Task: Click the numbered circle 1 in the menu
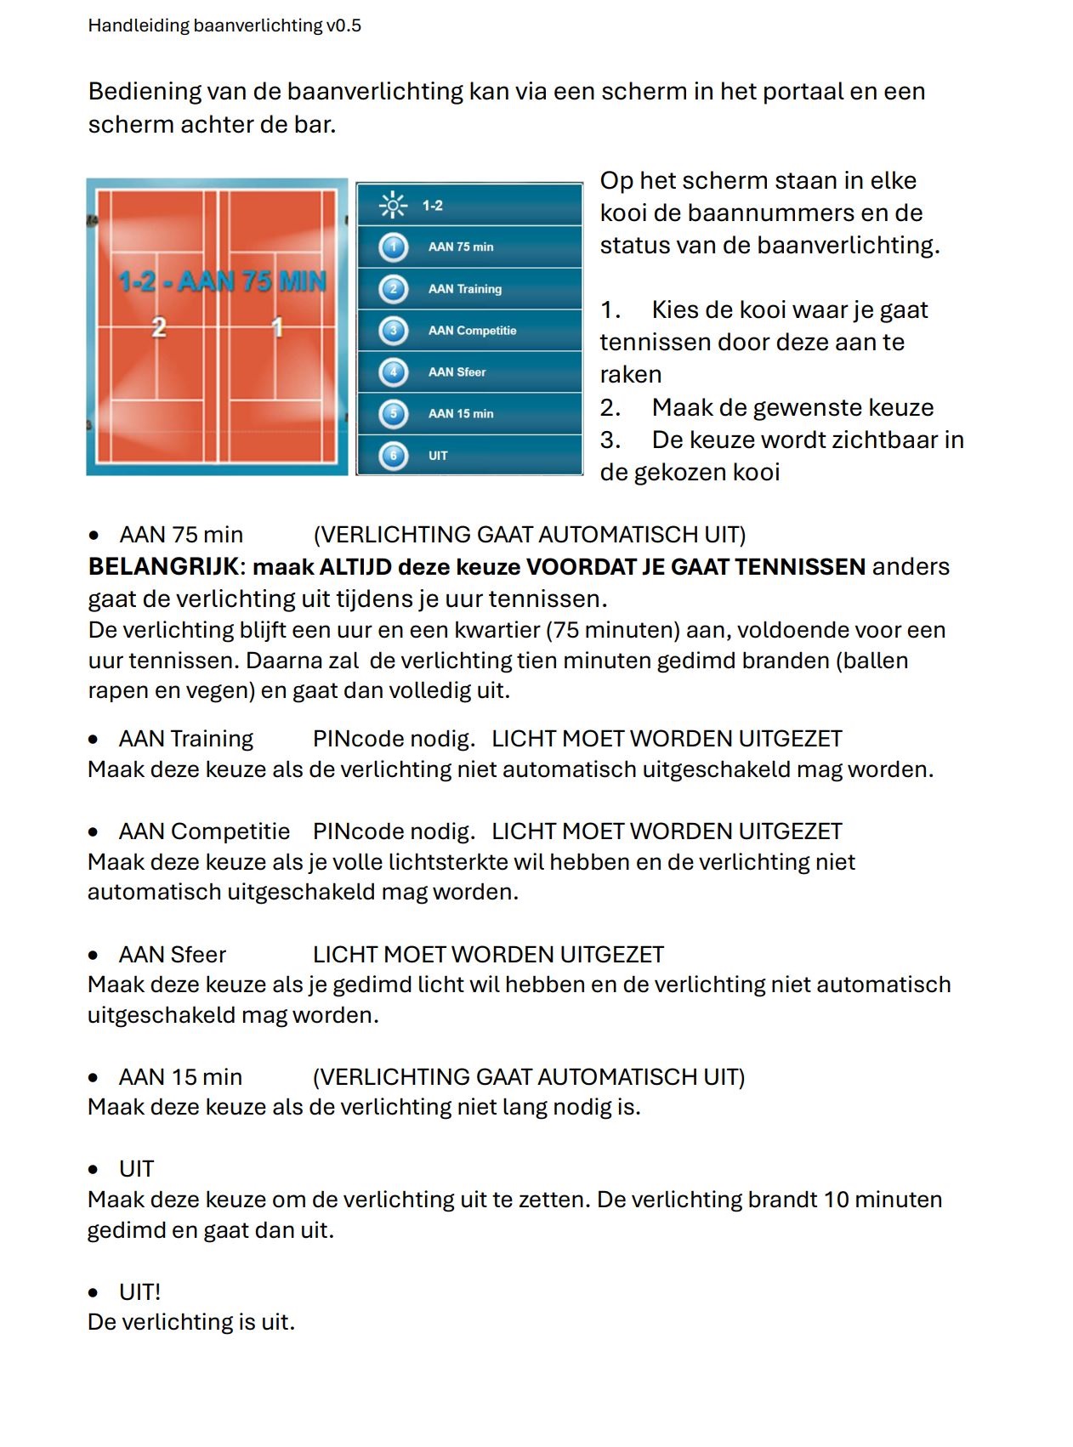pyautogui.click(x=393, y=247)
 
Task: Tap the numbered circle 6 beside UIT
pyautogui.click(x=393, y=456)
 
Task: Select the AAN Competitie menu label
pyautogui.click(x=472, y=331)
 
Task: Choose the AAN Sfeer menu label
pyautogui.click(x=457, y=372)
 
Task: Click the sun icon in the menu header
pyautogui.click(x=393, y=205)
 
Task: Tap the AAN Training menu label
pyautogui.click(x=464, y=289)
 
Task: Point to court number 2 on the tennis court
pyautogui.click(x=158, y=326)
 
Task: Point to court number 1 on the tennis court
pyautogui.click(x=277, y=326)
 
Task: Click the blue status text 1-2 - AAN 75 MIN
pyautogui.click(x=222, y=281)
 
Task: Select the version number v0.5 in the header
pyautogui.click(x=343, y=26)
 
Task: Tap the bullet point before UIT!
pyautogui.click(x=94, y=1293)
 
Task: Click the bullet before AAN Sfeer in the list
pyautogui.click(x=94, y=956)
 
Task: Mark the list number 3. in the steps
pyautogui.click(x=610, y=440)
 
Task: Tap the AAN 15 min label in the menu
pyautogui.click(x=460, y=414)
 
